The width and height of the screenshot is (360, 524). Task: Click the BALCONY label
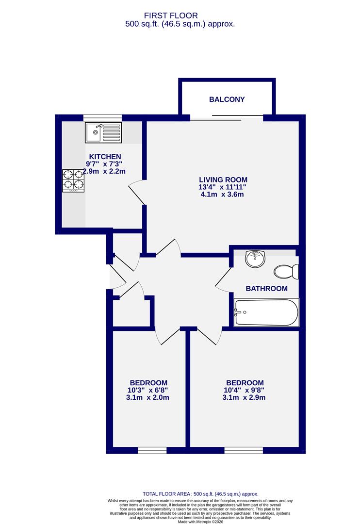point(227,99)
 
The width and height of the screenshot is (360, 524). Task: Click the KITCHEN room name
point(105,156)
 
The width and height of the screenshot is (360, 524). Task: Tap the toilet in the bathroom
point(286,271)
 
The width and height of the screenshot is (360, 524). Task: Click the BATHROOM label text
point(266,288)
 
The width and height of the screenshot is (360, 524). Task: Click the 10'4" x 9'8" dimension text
point(244,390)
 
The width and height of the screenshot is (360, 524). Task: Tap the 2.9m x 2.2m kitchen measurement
point(104,171)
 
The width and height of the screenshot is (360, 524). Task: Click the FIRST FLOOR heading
point(180,16)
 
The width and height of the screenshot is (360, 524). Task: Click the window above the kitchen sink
point(102,117)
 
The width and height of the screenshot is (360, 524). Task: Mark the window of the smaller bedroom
point(152,450)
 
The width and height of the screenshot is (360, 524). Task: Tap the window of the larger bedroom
point(244,450)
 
